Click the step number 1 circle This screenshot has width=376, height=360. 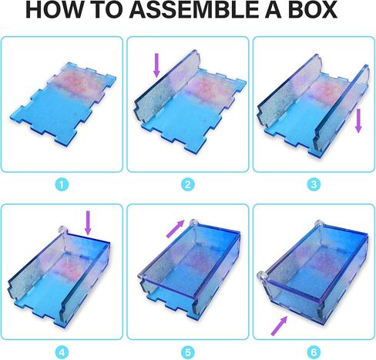[62, 184]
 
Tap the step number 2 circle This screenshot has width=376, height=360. [188, 184]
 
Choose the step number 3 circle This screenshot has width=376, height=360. [314, 184]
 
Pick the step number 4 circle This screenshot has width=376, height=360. [62, 352]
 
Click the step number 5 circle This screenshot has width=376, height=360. [188, 352]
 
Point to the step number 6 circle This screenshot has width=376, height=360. [314, 352]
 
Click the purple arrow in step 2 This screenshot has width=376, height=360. [156, 65]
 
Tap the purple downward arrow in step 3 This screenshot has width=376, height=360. [358, 121]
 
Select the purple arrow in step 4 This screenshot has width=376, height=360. [88, 223]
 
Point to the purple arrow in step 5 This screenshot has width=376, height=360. [176, 229]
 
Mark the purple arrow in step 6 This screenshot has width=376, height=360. [279, 326]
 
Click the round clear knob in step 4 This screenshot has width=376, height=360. [62, 230]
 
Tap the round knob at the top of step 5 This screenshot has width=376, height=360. [193, 223]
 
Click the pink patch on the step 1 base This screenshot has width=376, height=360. [76, 81]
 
